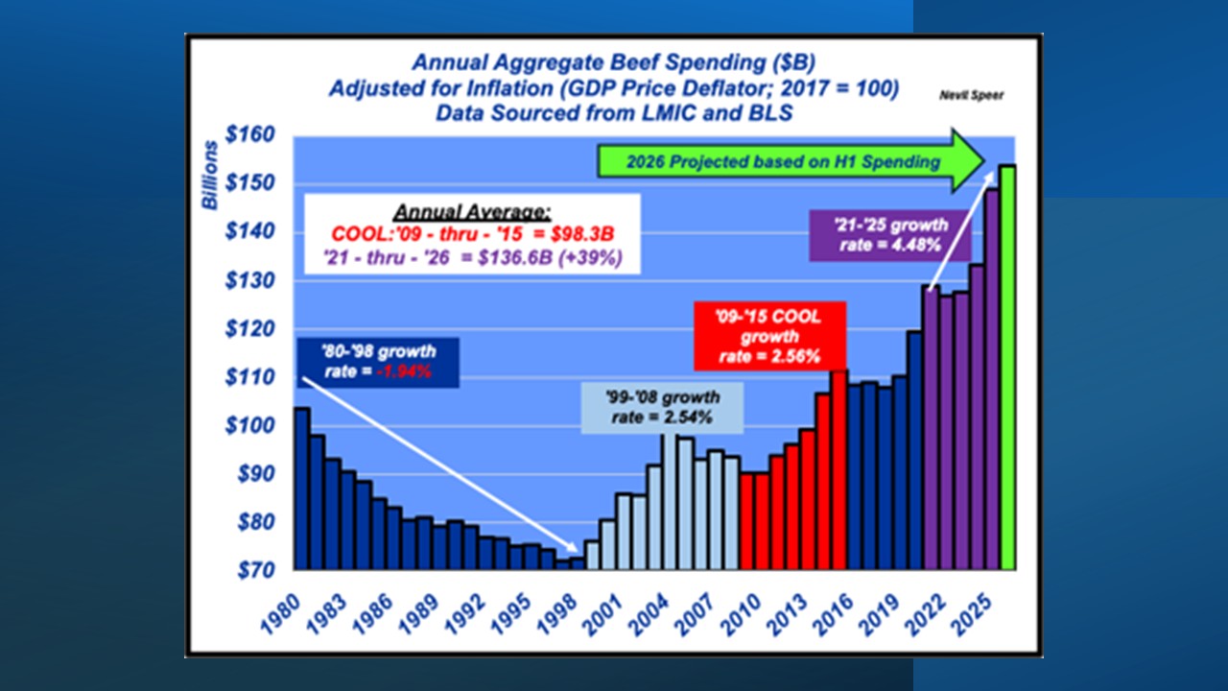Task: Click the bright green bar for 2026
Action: click(1007, 367)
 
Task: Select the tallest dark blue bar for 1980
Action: click(302, 488)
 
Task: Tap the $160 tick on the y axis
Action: click(249, 134)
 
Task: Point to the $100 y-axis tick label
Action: click(249, 425)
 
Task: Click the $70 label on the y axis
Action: click(255, 570)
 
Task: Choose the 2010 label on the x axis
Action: click(741, 615)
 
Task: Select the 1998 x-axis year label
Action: click(556, 615)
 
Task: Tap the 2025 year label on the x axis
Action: click(971, 615)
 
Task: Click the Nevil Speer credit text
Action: click(971, 95)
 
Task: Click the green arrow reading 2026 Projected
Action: click(791, 161)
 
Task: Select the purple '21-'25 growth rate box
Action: click(890, 235)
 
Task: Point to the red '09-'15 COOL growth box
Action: click(769, 336)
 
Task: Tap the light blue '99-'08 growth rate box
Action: click(662, 408)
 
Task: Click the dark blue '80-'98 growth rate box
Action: click(378, 362)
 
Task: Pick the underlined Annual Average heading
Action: click(472, 212)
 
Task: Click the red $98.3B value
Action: click(582, 234)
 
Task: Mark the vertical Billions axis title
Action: click(210, 176)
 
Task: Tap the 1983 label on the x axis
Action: click(326, 615)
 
